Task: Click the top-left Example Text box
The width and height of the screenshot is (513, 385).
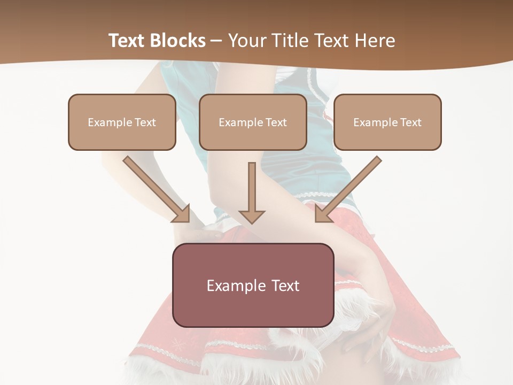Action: pyautogui.click(x=122, y=122)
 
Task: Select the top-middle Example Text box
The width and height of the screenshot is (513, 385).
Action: pyautogui.click(x=253, y=122)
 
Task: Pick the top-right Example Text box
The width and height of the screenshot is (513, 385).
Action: pyautogui.click(x=387, y=122)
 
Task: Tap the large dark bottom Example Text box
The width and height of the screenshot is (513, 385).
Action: pyautogui.click(x=253, y=285)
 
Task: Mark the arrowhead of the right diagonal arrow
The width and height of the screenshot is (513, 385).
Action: pyautogui.click(x=322, y=214)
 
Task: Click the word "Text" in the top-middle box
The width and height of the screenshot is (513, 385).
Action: pyautogui.click(x=275, y=122)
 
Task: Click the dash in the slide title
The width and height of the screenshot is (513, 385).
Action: pyautogui.click(x=216, y=41)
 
